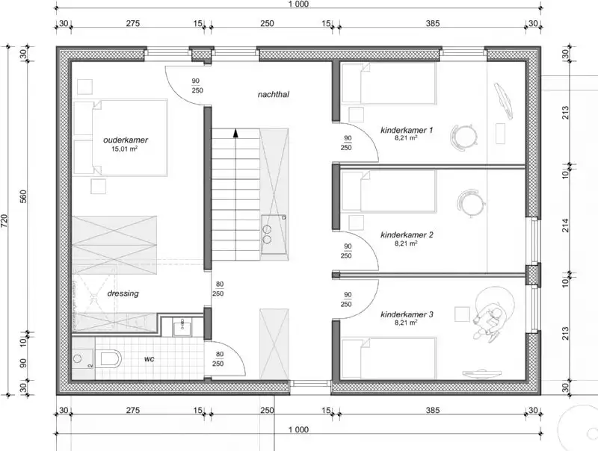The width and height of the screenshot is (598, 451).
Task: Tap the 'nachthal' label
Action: click(x=274, y=95)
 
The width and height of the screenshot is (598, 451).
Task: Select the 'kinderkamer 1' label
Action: click(x=407, y=129)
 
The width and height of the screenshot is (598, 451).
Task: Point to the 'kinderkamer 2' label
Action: click(x=407, y=234)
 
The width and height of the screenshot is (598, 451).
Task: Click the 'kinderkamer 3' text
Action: click(x=407, y=314)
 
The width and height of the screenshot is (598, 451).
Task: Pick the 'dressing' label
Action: click(x=123, y=293)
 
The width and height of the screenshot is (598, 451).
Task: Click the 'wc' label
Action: click(x=149, y=359)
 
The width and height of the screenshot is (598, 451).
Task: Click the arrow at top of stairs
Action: click(x=236, y=134)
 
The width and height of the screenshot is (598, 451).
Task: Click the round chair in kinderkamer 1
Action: click(x=464, y=136)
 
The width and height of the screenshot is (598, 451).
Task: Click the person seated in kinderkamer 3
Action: click(x=490, y=317)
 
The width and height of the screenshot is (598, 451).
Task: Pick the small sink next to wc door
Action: click(x=180, y=326)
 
